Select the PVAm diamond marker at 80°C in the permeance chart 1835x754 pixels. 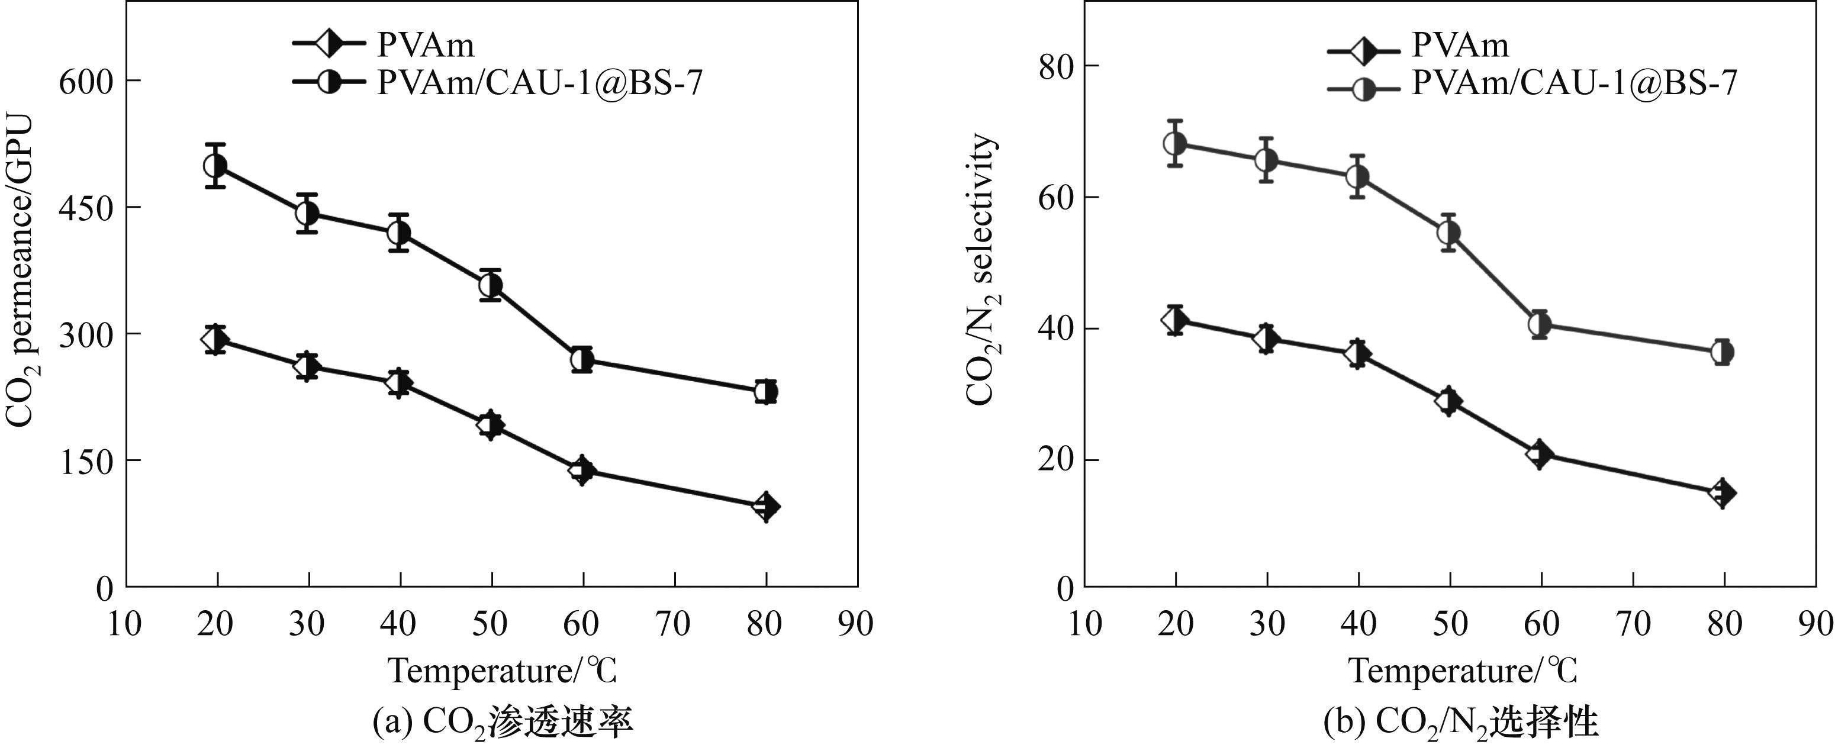(x=766, y=506)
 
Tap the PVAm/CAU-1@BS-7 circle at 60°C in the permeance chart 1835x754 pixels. (x=582, y=360)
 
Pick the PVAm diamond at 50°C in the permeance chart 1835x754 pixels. (x=491, y=425)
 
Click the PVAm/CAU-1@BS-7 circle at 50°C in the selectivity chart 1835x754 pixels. (x=1449, y=232)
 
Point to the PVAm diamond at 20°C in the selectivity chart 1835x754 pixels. (x=1174, y=320)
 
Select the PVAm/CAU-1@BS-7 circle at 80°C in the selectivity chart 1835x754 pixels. (x=1723, y=352)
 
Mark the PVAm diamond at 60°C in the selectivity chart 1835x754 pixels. (x=1540, y=453)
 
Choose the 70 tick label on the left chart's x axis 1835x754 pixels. (x=672, y=624)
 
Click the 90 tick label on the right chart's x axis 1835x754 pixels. (x=1814, y=624)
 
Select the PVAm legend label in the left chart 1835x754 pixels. (x=425, y=45)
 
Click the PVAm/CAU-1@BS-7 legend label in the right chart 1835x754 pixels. (x=1575, y=83)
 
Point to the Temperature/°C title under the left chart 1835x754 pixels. (x=502, y=671)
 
